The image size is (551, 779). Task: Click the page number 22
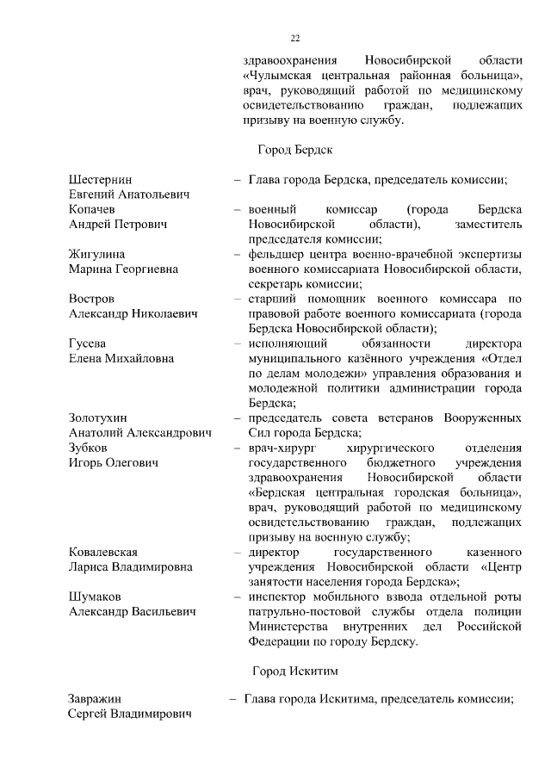click(294, 38)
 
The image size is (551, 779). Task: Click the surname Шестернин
click(101, 180)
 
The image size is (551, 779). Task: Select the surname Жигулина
click(97, 254)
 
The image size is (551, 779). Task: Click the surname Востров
click(92, 299)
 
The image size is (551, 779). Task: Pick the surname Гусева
click(90, 343)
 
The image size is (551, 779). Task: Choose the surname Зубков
click(89, 448)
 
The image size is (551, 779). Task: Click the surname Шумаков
click(96, 597)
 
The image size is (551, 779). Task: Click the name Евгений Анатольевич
click(129, 195)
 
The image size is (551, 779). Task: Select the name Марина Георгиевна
click(124, 269)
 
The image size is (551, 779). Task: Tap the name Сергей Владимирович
click(130, 714)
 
